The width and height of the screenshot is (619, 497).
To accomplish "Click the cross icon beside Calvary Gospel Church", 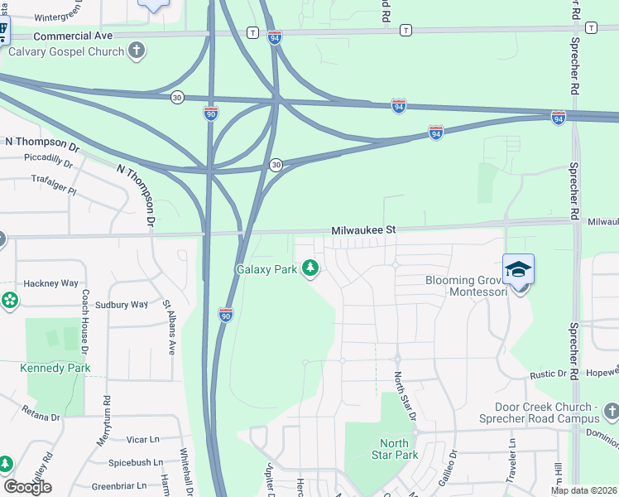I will [x=137, y=51].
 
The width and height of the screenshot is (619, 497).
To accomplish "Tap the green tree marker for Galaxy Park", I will [x=310, y=268].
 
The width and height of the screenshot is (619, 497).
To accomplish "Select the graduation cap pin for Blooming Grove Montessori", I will [x=518, y=270].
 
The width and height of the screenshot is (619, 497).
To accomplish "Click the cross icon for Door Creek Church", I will [x=611, y=412].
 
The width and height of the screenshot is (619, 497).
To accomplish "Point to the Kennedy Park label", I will [x=55, y=368].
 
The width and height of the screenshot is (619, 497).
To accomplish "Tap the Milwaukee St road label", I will [x=364, y=230].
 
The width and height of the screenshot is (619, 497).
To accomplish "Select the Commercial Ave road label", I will [x=73, y=36].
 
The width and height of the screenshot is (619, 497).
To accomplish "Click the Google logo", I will [x=26, y=487].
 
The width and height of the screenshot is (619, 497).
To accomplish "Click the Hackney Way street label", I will [x=50, y=283].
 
